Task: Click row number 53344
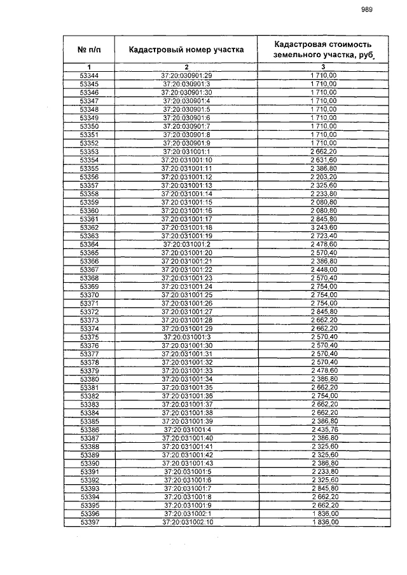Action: click(90, 76)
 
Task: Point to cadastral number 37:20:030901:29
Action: click(187, 76)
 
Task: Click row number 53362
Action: click(90, 227)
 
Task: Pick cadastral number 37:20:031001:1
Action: click(187, 151)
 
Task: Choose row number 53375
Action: click(90, 337)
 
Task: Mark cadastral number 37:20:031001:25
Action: click(187, 295)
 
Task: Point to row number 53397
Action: click(90, 522)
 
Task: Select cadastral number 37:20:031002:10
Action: click(187, 522)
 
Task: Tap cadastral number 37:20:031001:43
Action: click(187, 463)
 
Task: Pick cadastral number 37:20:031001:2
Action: click(187, 244)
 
